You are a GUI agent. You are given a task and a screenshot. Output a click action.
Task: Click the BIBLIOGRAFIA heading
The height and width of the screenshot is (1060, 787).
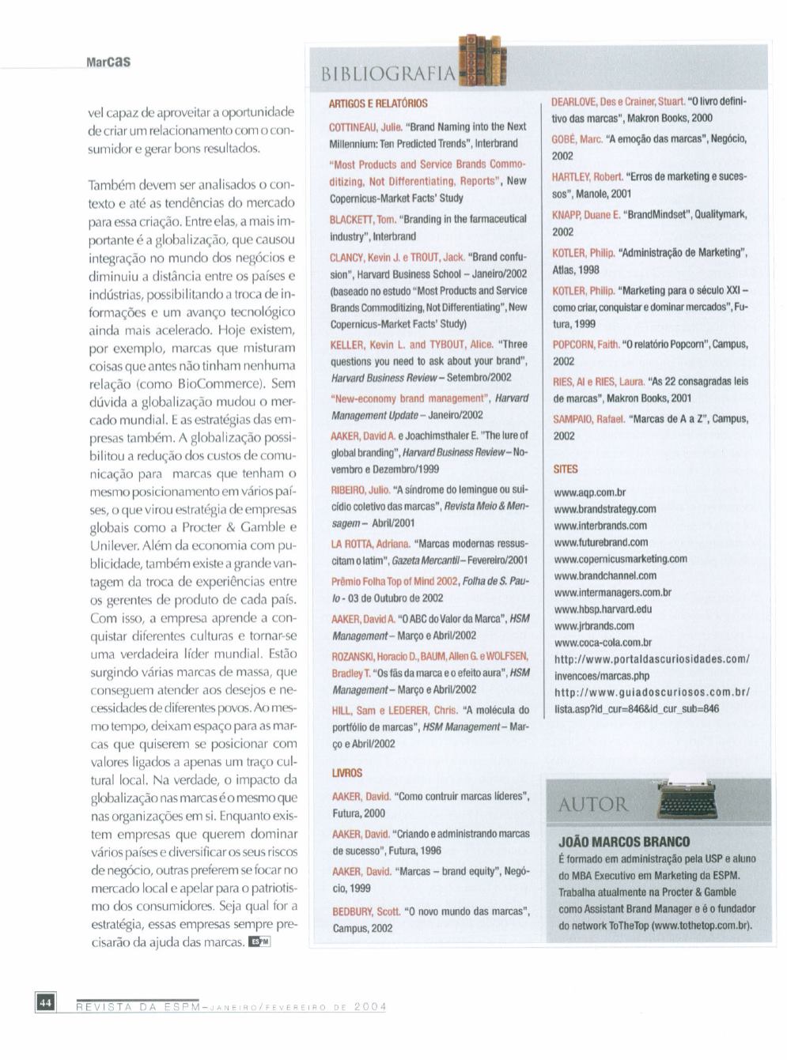point(388,74)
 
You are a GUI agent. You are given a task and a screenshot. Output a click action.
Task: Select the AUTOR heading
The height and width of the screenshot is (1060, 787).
point(592,805)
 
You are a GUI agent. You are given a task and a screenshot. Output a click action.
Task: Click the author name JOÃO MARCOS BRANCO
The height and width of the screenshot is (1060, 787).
point(624,842)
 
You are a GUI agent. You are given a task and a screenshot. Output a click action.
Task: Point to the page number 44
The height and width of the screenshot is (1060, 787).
point(45,1003)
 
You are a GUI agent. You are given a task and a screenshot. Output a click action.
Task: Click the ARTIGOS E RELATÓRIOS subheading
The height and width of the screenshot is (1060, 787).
point(378,104)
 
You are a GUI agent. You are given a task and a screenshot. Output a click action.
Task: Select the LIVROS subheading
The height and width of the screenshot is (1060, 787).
point(346,772)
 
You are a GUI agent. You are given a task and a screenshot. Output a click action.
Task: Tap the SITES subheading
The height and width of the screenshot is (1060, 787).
point(566,469)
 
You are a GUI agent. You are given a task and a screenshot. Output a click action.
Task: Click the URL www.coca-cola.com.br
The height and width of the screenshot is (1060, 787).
point(603,643)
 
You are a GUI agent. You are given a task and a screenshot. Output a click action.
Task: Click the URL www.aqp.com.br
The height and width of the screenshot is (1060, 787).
point(589,492)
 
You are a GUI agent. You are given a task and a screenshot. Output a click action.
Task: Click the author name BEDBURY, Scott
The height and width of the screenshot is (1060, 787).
point(365,911)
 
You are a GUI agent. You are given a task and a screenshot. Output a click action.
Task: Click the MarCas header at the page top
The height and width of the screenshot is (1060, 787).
point(108,62)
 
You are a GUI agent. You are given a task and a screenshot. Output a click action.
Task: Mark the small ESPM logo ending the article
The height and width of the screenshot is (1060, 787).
point(259,941)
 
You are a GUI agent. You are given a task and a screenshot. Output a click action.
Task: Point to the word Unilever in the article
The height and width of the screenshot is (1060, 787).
point(114,545)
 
